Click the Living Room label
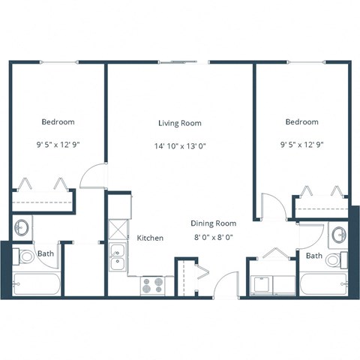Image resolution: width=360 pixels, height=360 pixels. coord(179,123)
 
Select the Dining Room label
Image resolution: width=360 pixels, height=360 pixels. coord(213,223)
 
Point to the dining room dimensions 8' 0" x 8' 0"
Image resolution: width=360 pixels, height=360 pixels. coord(213,236)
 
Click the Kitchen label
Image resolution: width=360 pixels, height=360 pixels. coord(150,238)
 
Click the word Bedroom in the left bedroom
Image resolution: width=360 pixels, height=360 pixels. coord(58,121)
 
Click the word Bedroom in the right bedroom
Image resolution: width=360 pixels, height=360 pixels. coord(301,121)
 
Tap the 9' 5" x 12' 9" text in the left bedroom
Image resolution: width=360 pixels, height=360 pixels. coord(58,142)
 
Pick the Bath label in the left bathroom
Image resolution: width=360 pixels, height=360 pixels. coord(46,253)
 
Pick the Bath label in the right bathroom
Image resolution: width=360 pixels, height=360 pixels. coord(314,256)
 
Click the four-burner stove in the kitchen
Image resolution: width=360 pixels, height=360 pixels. coord(152,284)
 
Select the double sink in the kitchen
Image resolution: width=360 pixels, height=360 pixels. coord(117,256)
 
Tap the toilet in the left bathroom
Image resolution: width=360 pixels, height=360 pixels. coord(25,256)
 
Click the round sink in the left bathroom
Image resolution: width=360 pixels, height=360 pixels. coord(22,226)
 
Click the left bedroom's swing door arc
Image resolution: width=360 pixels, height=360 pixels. coord(93,175)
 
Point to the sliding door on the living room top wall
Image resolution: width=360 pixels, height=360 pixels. coord(183,62)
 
